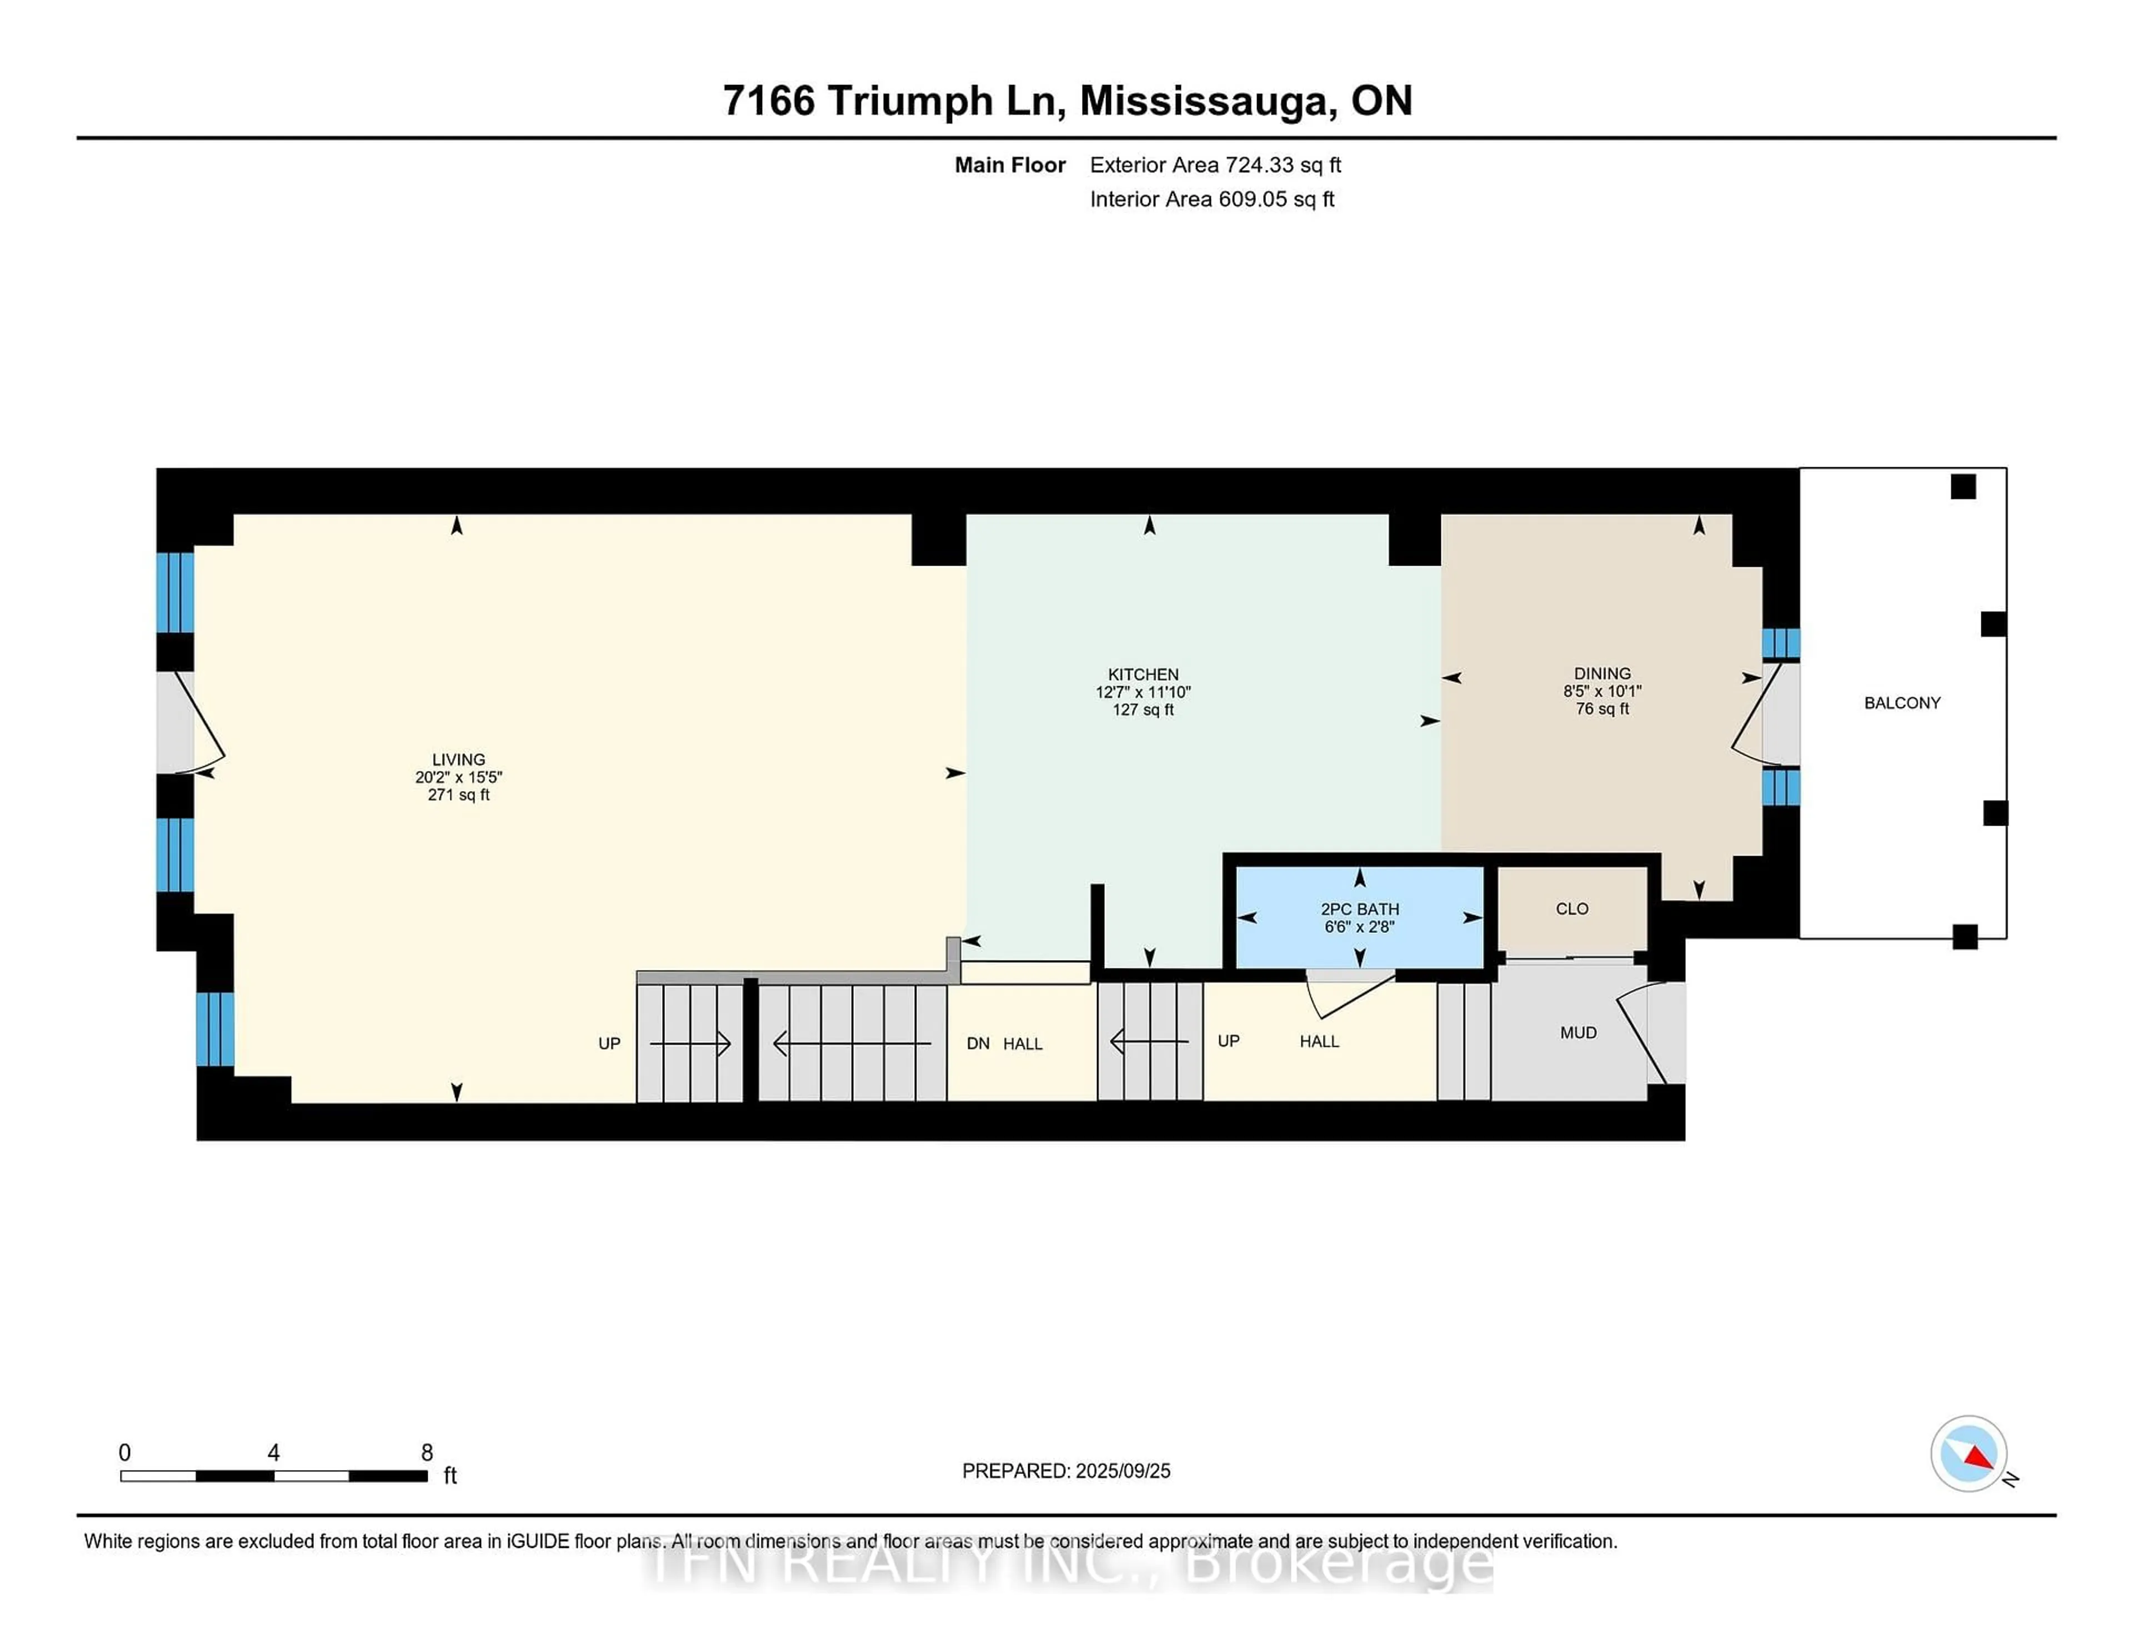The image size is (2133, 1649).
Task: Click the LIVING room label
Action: coord(458,759)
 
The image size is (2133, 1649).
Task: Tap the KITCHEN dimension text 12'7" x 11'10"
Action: coord(1143,692)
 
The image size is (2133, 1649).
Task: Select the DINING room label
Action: coord(1602,673)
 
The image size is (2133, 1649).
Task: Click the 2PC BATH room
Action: coord(1359,916)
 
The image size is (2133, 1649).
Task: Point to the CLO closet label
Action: coord(1571,908)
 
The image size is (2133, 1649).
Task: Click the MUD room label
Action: coord(1578,1033)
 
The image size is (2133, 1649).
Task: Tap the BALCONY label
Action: coord(1901,702)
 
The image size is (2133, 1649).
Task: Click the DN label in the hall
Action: coord(978,1043)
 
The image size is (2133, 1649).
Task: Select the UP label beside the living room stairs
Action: coord(608,1043)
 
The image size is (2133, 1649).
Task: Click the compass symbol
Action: coord(1968,1453)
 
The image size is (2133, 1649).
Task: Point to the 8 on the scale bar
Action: coord(427,1453)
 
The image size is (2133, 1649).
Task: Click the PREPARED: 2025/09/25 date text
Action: coord(1065,1471)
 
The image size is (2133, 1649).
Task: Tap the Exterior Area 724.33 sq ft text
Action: coord(1215,165)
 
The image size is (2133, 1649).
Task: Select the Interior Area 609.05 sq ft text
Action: coord(1211,199)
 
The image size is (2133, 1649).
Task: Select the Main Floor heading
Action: coord(1009,165)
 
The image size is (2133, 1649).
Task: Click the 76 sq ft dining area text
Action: coord(1602,708)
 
